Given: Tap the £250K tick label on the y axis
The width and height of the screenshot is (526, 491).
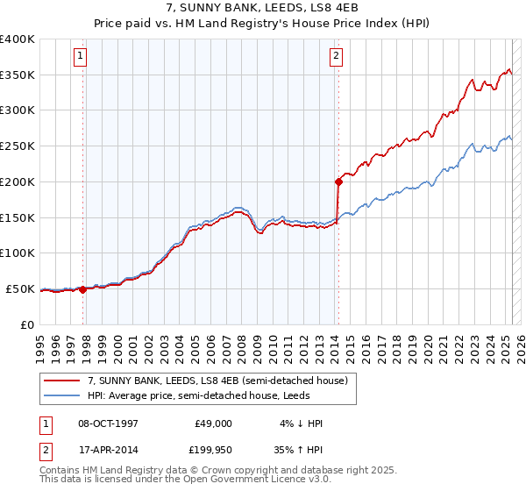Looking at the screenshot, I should [x=18, y=146].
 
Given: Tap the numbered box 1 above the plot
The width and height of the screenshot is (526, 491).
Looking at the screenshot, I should [x=81, y=57].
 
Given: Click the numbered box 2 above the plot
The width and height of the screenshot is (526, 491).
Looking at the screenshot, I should [x=336, y=57].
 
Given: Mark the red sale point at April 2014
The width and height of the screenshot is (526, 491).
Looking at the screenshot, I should [x=338, y=181].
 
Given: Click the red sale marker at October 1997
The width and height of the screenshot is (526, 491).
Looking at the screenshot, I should [x=83, y=289].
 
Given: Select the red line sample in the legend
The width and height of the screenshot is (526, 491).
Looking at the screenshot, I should [x=61, y=381].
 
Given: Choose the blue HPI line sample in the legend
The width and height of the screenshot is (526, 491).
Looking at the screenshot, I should [x=61, y=395].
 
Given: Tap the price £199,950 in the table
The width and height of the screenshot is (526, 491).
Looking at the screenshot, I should [x=212, y=450].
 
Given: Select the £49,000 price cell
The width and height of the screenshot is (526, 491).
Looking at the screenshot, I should [x=212, y=423].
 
